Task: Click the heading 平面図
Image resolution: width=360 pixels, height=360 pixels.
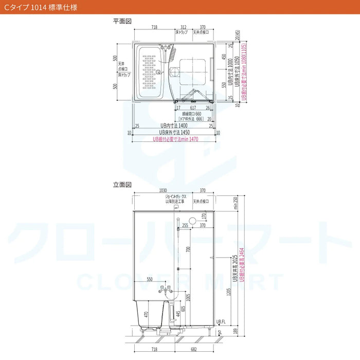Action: point(123,21)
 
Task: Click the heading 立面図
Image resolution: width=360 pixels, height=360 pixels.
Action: point(123,184)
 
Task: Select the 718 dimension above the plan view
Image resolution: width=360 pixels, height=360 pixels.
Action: point(154,26)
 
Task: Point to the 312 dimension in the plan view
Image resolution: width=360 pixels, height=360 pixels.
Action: point(184,26)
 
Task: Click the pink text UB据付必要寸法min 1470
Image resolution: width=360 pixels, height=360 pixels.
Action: point(175,139)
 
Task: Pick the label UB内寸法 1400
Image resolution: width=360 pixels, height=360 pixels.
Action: point(173,125)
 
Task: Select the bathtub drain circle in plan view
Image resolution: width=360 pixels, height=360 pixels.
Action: point(159,72)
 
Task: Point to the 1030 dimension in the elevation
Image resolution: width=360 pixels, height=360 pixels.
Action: point(163,190)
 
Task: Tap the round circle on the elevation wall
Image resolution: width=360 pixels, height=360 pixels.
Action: point(193,220)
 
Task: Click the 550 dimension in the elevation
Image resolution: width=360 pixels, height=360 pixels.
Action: point(150,279)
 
